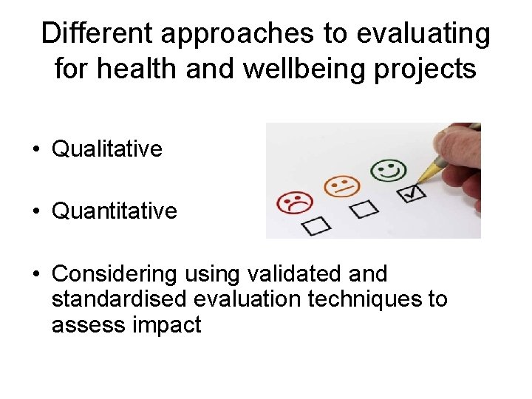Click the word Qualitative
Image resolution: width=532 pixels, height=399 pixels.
[x=106, y=149]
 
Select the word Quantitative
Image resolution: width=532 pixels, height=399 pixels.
[x=115, y=211]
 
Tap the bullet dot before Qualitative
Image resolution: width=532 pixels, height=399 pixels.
[x=36, y=150]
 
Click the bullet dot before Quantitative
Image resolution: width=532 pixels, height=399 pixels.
[x=36, y=212]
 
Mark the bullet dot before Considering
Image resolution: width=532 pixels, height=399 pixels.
[x=36, y=275]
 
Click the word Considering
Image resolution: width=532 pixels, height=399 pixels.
[x=115, y=274]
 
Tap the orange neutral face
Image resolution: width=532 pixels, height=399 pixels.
[x=341, y=185]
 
